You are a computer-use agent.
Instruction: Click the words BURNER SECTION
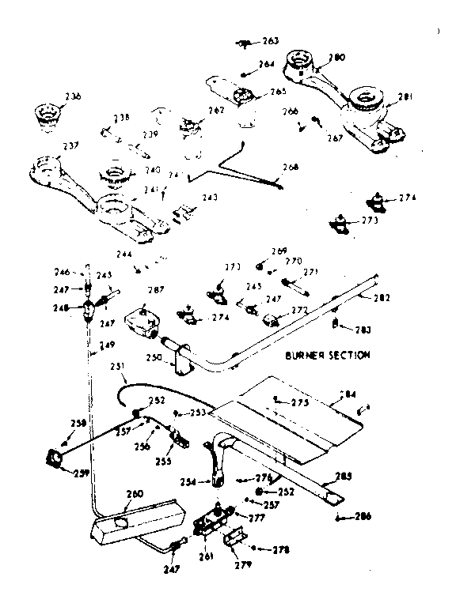pyautogui.click(x=328, y=356)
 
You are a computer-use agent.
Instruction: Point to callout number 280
pyautogui.click(x=336, y=57)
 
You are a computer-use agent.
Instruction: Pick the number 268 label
pyautogui.click(x=291, y=167)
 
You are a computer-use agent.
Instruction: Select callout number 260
pyautogui.click(x=135, y=496)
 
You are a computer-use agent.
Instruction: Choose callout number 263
pyautogui.click(x=270, y=40)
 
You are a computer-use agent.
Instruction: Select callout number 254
pyautogui.click(x=189, y=481)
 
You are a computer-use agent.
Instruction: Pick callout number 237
pyautogui.click(x=48, y=145)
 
